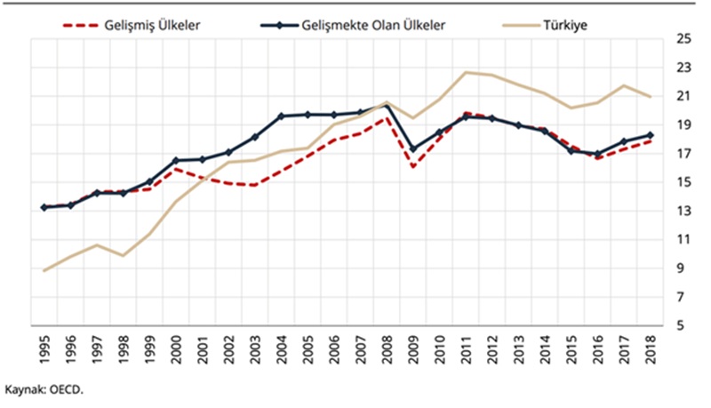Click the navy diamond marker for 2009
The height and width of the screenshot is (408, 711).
point(412,149)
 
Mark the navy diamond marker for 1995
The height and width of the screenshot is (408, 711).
point(44,207)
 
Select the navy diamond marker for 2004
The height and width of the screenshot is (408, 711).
point(281,116)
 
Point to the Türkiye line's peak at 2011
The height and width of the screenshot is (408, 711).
point(465,72)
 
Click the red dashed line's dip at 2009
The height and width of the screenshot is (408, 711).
point(412,166)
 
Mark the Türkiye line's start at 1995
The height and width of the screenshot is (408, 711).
point(44,270)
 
